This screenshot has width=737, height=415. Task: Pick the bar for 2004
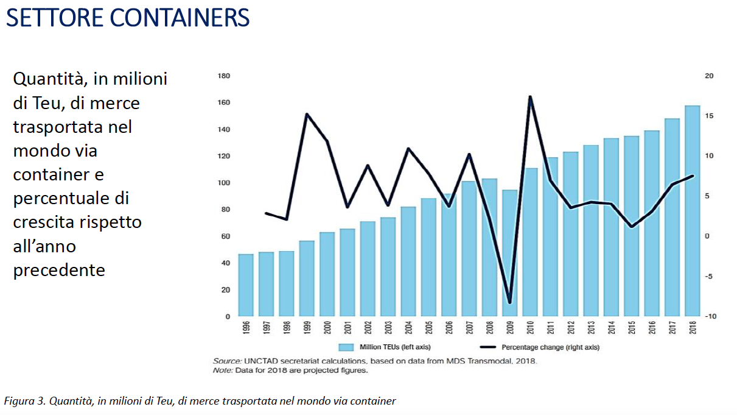click(408, 261)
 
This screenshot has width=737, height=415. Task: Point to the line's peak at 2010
click(530, 97)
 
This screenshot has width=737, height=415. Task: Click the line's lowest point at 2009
click(510, 302)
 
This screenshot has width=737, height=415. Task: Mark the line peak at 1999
click(307, 114)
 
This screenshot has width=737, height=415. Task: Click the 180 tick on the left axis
click(223, 76)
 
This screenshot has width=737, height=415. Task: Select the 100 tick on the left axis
click(223, 183)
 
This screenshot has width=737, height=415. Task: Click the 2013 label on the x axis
click(591, 328)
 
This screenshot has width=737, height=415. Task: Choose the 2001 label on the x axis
click(348, 328)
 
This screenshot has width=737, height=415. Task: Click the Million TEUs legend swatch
click(346, 347)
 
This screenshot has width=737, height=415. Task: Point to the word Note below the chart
click(222, 370)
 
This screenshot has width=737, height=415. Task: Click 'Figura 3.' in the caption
click(25, 401)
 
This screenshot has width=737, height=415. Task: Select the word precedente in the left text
click(59, 269)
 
